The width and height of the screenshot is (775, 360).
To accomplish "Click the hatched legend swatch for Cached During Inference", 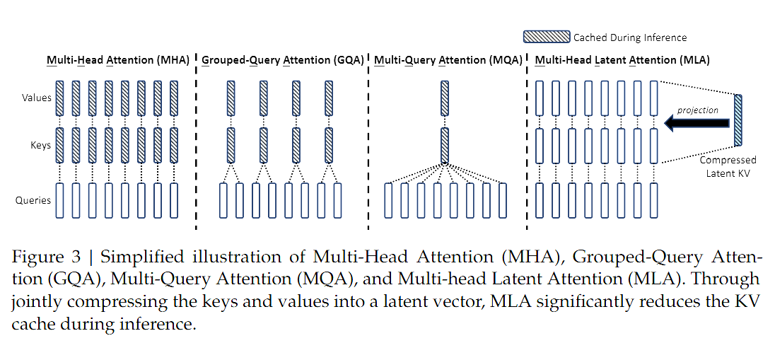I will coord(546,37).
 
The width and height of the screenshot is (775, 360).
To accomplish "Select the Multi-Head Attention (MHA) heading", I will coord(118,60).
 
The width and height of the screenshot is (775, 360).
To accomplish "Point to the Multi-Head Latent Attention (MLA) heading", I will coord(622,60).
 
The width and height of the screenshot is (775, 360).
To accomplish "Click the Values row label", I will coord(35,98).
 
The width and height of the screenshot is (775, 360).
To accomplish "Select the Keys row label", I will coord(41,145).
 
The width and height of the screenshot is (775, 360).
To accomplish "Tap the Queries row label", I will coord(33,200).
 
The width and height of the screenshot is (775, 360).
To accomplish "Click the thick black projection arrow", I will coord(697,124).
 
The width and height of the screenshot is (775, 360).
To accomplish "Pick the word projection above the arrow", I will coord(697,110).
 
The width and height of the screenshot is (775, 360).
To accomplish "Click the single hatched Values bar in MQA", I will coord(445,98).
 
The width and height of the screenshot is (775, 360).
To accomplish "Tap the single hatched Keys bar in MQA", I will coord(445,145).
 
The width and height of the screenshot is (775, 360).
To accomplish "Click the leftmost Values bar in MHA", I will coord(59,98).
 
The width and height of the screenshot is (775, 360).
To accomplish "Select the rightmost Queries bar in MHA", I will coord(174,200).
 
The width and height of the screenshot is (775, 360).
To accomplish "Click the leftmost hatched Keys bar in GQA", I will coord(231,145).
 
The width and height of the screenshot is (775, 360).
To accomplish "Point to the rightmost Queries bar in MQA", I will coord(503,200).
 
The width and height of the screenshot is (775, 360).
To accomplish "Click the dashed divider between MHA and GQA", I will coord(196,141).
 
